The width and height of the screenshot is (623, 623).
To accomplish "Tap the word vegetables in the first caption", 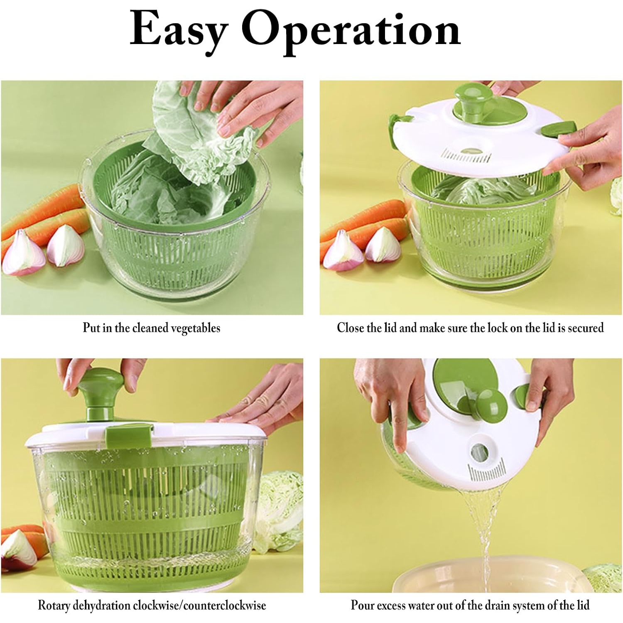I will tap(196, 328).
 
